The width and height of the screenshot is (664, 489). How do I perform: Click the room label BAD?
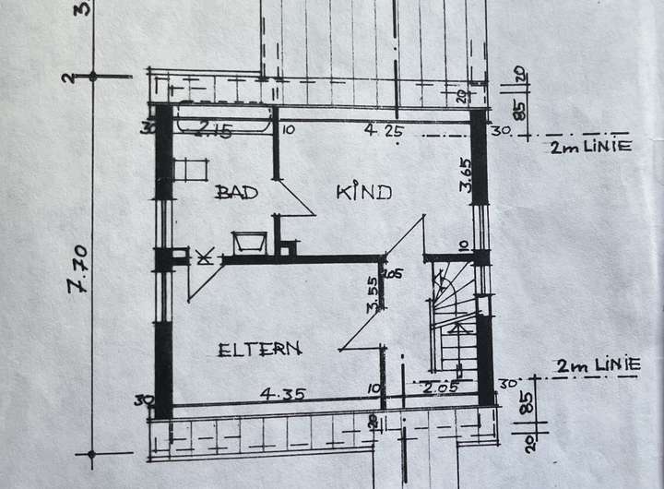235,192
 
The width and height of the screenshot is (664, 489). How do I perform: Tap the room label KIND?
363,192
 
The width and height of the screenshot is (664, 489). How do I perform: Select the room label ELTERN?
260,349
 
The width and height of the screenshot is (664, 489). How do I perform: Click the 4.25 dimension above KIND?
381,131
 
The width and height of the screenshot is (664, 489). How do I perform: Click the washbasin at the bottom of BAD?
249,243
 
